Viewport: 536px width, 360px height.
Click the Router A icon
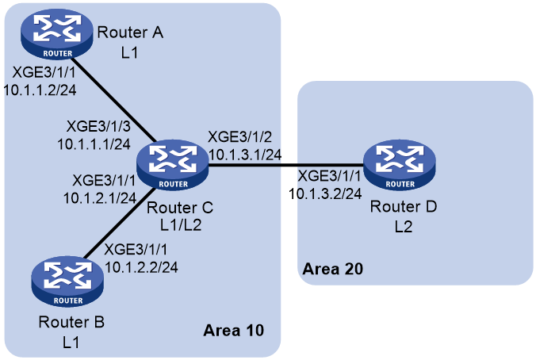[x=57, y=34]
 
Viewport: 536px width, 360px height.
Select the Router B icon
[x=67, y=281]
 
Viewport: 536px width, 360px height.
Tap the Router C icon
[x=172, y=165]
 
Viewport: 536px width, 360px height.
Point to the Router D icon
[x=400, y=165]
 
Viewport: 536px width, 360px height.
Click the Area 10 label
[x=233, y=330]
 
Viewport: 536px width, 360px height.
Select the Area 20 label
[x=332, y=269]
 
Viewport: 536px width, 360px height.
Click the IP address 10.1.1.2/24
[x=40, y=90]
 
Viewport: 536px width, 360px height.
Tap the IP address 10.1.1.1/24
[x=94, y=144]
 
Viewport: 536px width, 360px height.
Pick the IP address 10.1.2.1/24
[x=100, y=198]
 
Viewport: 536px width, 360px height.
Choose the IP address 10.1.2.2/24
[x=141, y=267]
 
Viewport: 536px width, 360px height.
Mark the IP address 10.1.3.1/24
[x=245, y=155]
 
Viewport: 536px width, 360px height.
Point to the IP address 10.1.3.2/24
[x=325, y=193]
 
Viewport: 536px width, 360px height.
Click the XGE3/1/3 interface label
[x=98, y=127]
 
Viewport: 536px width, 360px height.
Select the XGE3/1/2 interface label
[x=240, y=136]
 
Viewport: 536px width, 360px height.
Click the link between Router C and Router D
[x=286, y=165]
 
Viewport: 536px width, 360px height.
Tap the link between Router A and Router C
[x=114, y=99]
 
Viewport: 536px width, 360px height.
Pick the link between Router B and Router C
[x=118, y=224]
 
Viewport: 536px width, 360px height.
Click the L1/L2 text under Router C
[x=181, y=225]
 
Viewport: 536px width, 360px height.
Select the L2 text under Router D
[x=404, y=226]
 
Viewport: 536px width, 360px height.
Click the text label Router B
[x=71, y=322]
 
